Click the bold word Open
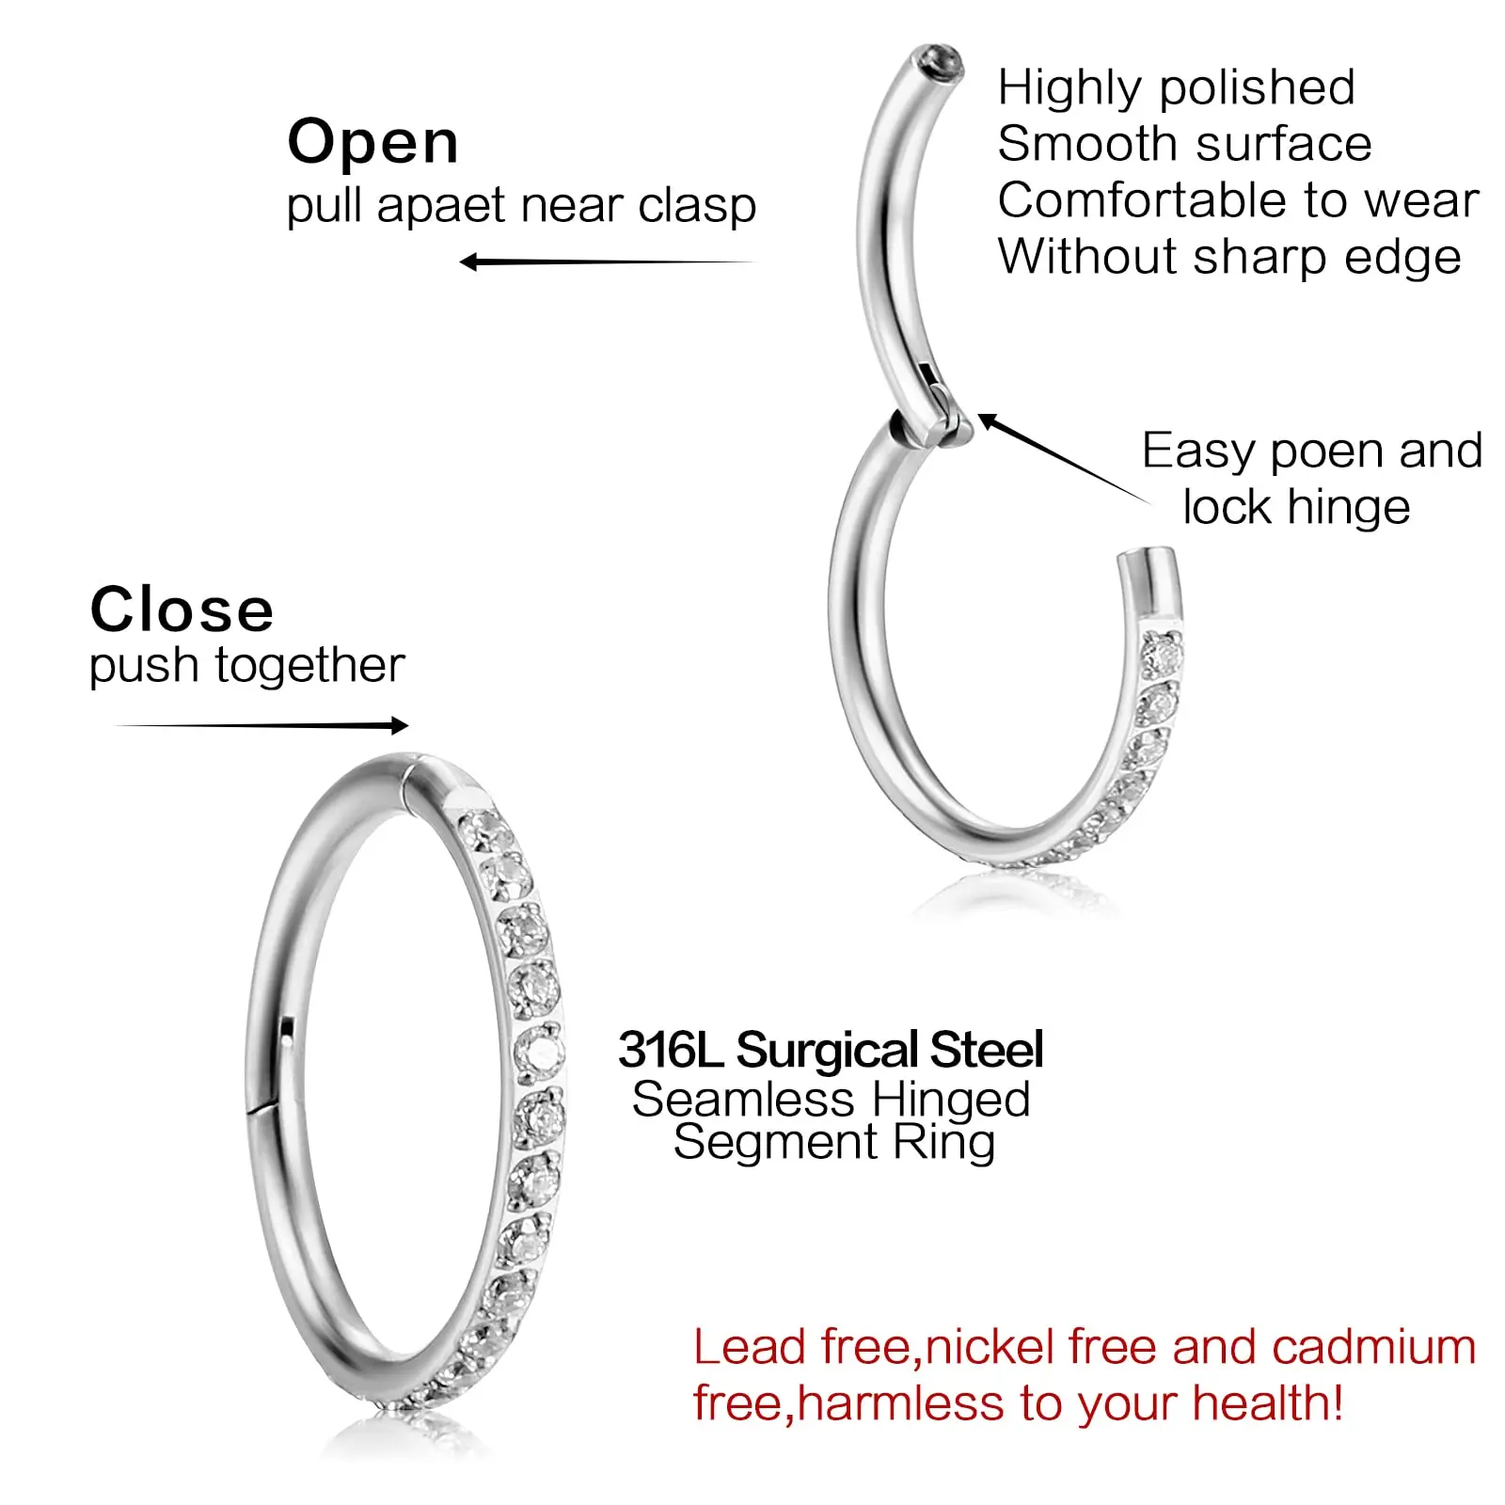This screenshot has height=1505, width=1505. click(x=372, y=142)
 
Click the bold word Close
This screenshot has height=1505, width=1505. click(x=182, y=610)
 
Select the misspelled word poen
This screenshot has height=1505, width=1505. click(x=1327, y=451)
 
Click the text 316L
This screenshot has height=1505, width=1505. click(x=670, y=1050)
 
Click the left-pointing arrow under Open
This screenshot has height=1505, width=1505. click(x=607, y=262)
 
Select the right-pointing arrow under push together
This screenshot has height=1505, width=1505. click(x=261, y=725)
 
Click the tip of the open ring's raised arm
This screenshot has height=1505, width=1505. click(x=939, y=64)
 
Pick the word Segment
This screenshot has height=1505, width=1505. click(x=775, y=1143)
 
